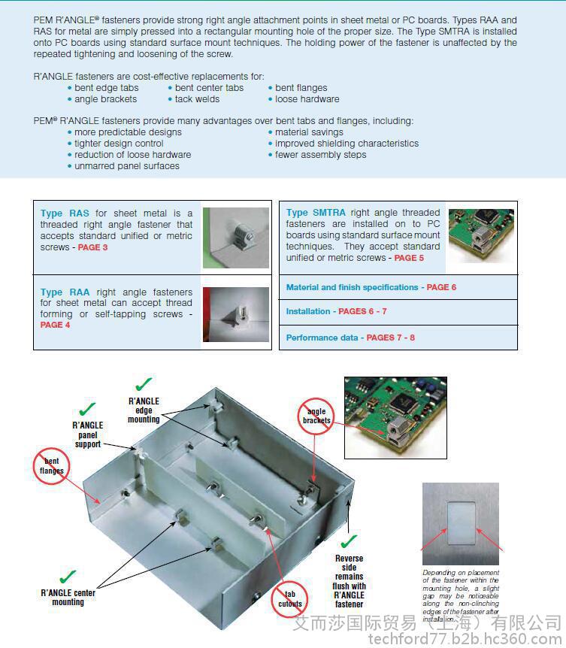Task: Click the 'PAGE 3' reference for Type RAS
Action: click(x=93, y=247)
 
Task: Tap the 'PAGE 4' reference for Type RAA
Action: click(x=56, y=325)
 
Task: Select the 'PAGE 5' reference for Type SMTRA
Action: click(x=409, y=258)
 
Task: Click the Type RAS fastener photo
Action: click(x=236, y=238)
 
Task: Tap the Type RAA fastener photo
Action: click(x=236, y=314)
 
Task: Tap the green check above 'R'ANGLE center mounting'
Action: click(x=68, y=577)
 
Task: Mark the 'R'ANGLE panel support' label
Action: click(x=87, y=435)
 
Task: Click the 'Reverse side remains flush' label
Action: click(x=349, y=581)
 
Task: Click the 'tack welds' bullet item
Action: click(x=198, y=99)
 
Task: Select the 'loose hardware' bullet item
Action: click(x=307, y=99)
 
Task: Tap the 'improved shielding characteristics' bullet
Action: click(x=347, y=144)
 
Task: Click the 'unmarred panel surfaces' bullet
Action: click(x=127, y=166)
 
